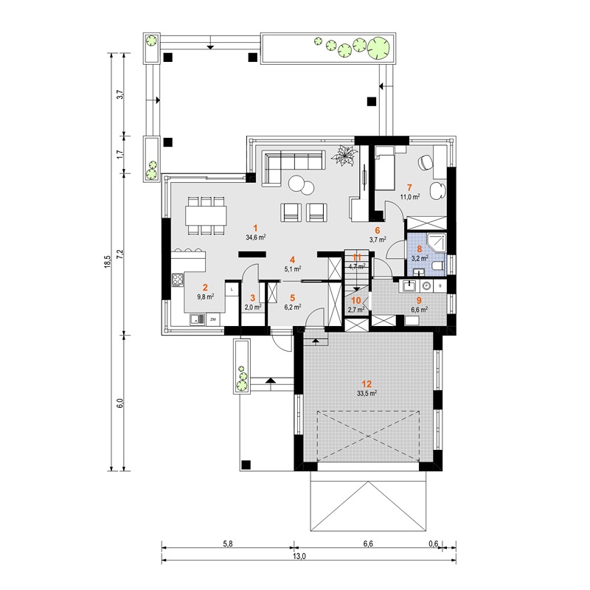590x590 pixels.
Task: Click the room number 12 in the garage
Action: coord(367,383)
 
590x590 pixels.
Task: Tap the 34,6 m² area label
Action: coord(256,237)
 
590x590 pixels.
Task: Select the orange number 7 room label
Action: coord(409,187)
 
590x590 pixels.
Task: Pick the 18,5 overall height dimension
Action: coord(108,262)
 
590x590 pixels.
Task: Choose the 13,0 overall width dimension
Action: coord(301,557)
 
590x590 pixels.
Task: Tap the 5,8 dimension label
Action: coord(228,544)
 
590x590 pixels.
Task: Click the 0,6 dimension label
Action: coord(434,544)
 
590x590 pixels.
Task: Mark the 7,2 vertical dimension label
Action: coord(120,254)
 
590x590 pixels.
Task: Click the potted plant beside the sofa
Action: coord(344,155)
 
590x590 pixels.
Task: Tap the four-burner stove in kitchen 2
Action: coord(178,280)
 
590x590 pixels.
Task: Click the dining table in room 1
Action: coord(206,215)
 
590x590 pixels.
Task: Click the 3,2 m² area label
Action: coord(420,258)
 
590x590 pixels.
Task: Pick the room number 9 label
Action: coord(419,300)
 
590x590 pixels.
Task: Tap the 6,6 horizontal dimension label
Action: coord(368,544)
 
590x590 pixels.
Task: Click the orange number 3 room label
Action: coord(252,298)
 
